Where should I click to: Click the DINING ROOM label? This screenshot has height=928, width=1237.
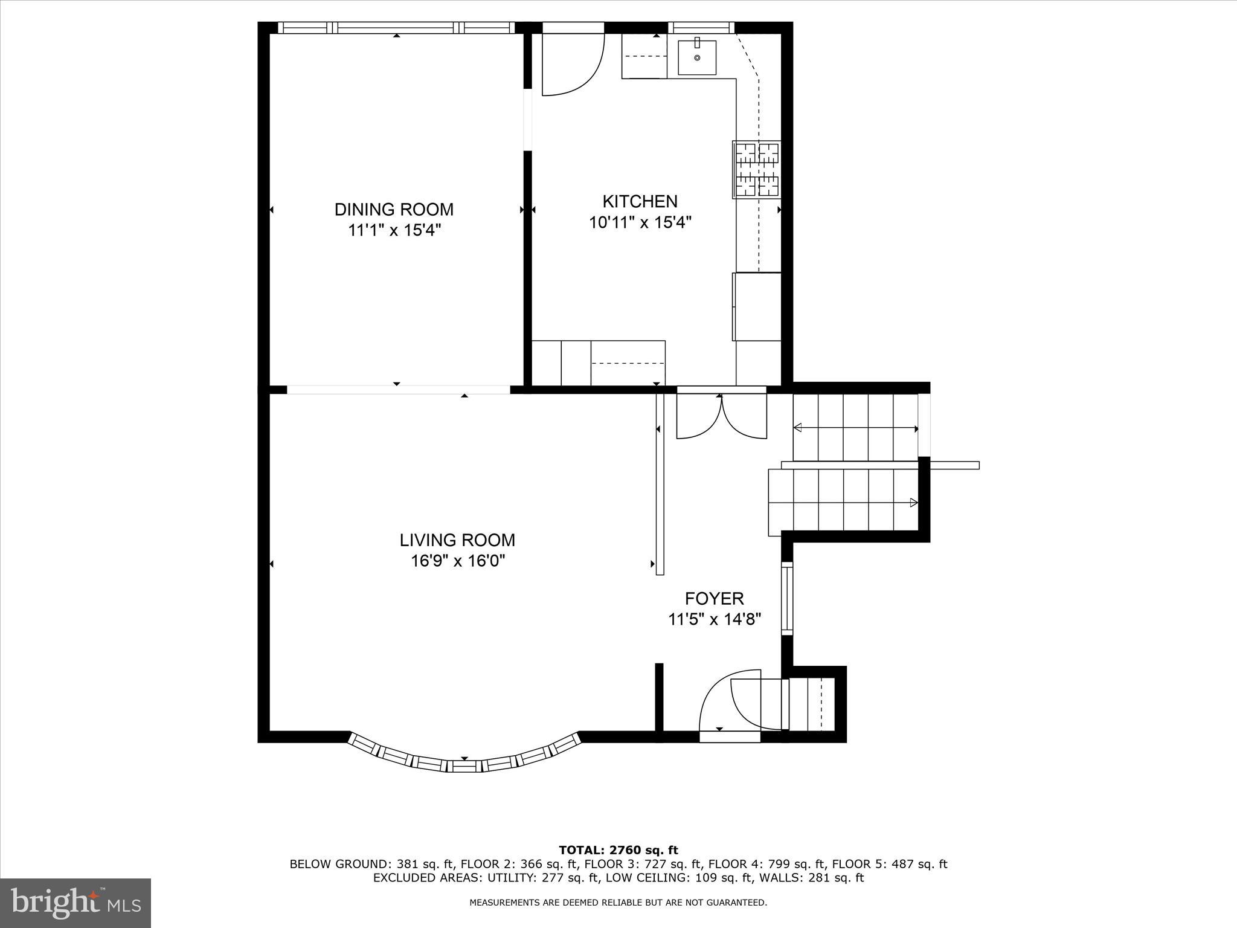click(x=394, y=210)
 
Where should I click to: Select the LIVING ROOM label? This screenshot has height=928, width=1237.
click(x=457, y=540)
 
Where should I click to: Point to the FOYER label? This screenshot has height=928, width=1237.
click(x=714, y=599)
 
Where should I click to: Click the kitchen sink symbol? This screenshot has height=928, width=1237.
click(x=697, y=57)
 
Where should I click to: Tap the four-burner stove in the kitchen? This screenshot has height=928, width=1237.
click(x=757, y=169)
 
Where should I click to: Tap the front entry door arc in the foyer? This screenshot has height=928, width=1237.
click(x=728, y=701)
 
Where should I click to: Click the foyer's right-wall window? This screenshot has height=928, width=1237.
click(x=786, y=598)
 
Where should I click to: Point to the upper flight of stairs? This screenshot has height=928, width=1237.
click(x=855, y=428)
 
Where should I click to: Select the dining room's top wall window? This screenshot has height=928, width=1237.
click(x=396, y=28)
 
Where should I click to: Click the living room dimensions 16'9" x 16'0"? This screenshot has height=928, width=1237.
click(x=458, y=561)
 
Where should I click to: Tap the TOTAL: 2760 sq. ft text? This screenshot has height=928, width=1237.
click(x=618, y=851)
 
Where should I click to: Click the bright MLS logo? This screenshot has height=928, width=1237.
click(x=76, y=903)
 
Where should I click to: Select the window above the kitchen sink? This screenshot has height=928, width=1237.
click(x=701, y=28)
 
